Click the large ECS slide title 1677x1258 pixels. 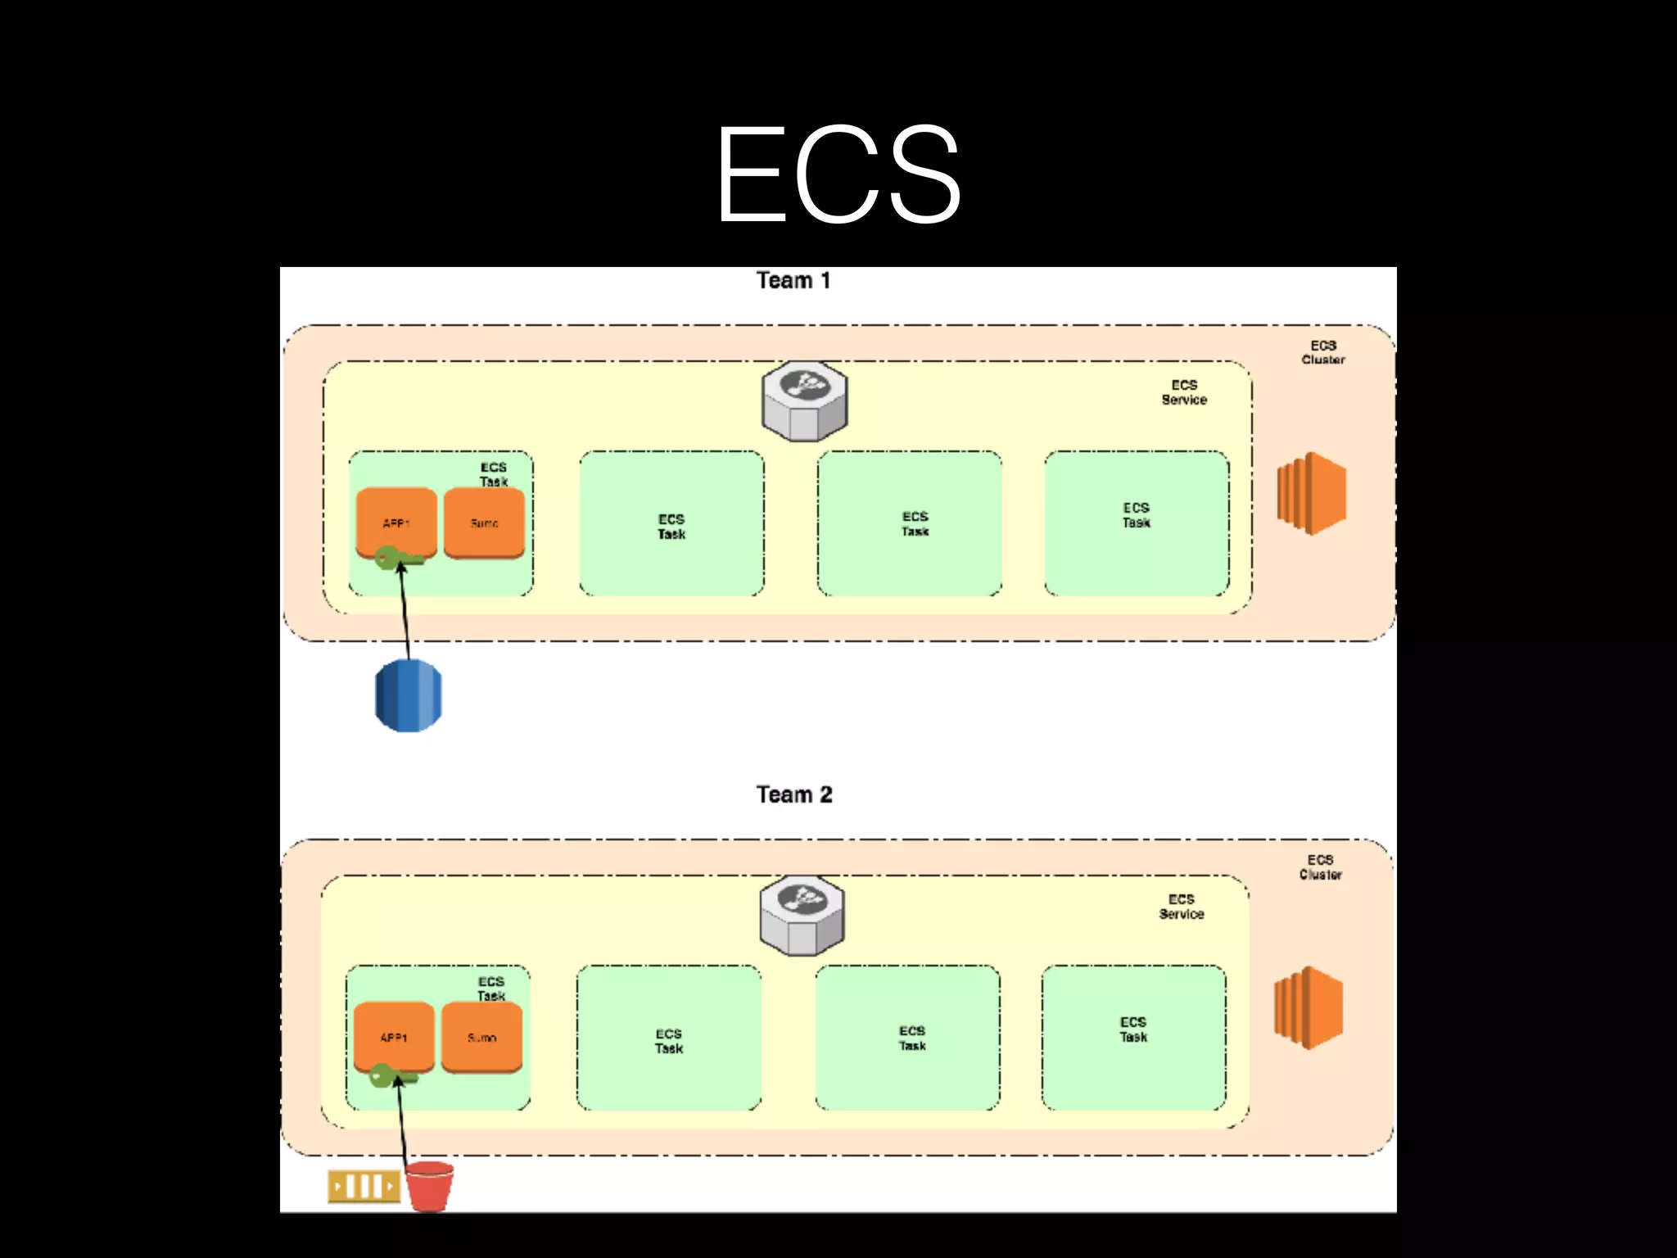point(838,174)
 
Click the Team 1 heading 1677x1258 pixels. point(793,281)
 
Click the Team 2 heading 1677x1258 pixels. point(793,794)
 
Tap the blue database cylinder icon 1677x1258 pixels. point(408,695)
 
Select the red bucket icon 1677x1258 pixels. point(429,1185)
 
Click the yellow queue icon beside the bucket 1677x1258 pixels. point(364,1186)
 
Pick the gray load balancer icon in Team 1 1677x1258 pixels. point(804,401)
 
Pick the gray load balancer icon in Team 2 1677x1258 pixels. point(802,916)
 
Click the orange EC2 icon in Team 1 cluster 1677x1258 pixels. point(1312,494)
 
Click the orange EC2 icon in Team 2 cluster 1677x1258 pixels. point(1309,1008)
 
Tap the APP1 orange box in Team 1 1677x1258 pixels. point(396,522)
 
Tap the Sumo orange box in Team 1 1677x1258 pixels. point(484,523)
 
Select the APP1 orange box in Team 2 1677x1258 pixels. point(394,1036)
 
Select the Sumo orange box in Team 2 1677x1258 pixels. point(481,1037)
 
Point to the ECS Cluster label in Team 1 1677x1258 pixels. point(1323,352)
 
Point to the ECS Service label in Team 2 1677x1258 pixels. point(1181,907)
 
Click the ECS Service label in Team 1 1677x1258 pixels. point(1184,392)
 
